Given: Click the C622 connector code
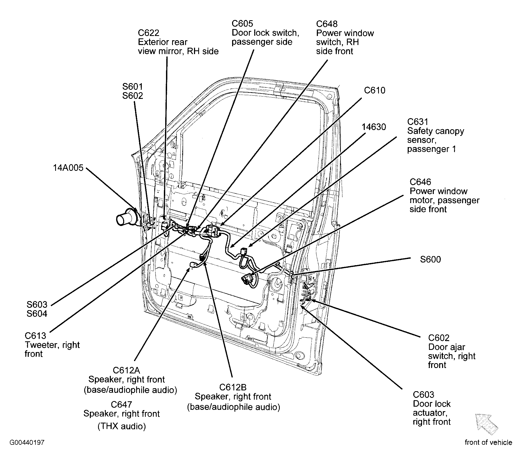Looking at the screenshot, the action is pyautogui.click(x=148, y=33).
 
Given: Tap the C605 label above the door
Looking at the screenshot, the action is pyautogui.click(x=242, y=23).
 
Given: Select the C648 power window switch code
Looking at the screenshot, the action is pyautogui.click(x=327, y=24).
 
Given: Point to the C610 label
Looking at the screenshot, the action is pyautogui.click(x=375, y=90).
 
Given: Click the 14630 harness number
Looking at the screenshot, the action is pyautogui.click(x=374, y=127).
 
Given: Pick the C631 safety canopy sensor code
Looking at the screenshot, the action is pyautogui.click(x=418, y=122).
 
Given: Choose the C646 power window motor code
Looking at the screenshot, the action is pyautogui.click(x=420, y=182).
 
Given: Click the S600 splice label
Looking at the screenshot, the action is pyautogui.click(x=430, y=259).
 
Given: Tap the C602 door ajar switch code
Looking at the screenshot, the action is pyautogui.click(x=439, y=338).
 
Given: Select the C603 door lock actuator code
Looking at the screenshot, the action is pyautogui.click(x=423, y=394).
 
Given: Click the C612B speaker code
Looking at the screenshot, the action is pyautogui.click(x=233, y=387).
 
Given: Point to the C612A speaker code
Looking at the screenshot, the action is pyautogui.click(x=126, y=370).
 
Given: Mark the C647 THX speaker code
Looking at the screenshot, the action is pyautogui.click(x=122, y=404).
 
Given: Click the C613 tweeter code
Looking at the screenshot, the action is pyautogui.click(x=35, y=335).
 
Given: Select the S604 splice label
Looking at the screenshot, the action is pyautogui.click(x=37, y=313).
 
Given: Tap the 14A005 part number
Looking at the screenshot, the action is pyautogui.click(x=68, y=168).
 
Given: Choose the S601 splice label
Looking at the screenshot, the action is pyautogui.click(x=132, y=86).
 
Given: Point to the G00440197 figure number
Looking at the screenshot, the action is pyautogui.click(x=27, y=442).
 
